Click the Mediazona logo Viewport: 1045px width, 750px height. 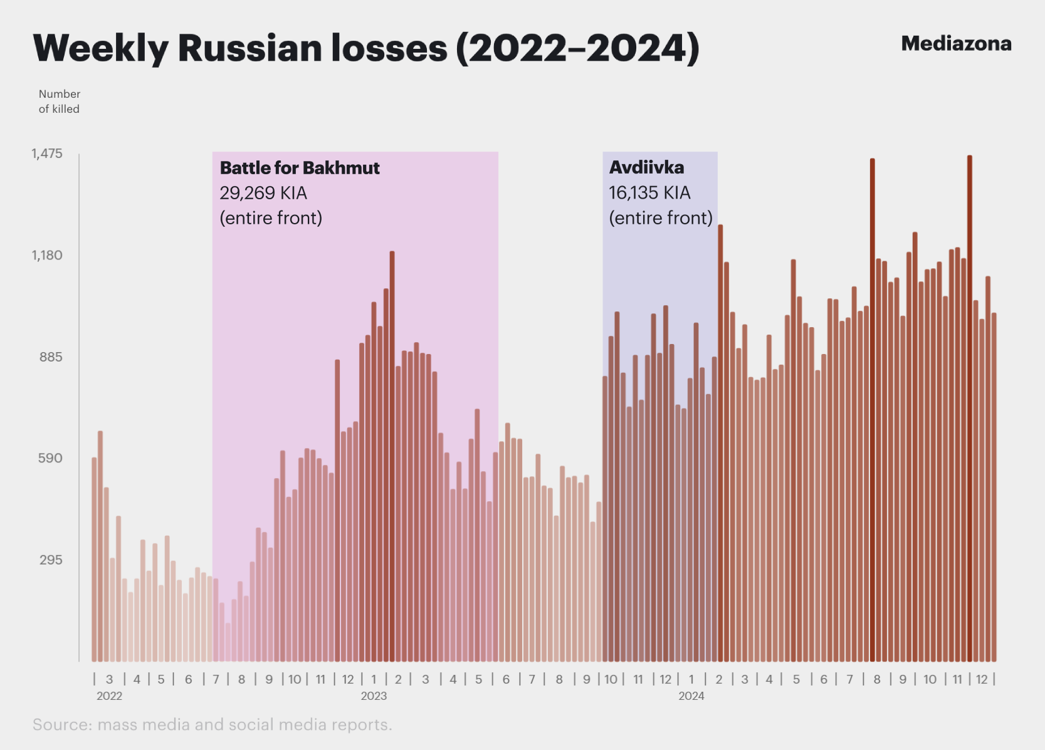(x=956, y=44)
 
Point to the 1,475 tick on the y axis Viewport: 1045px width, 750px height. (x=46, y=154)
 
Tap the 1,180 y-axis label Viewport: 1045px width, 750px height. (x=46, y=255)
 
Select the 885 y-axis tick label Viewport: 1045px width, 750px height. (x=50, y=357)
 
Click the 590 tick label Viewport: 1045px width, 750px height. (x=50, y=458)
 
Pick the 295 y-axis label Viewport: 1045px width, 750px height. (x=50, y=560)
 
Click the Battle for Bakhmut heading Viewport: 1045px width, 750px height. (x=300, y=168)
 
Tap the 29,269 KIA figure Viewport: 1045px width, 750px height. (x=263, y=193)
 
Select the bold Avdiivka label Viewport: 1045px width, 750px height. (x=646, y=167)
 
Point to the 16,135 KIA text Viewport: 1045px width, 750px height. (x=649, y=192)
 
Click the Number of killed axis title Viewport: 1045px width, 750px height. (x=60, y=102)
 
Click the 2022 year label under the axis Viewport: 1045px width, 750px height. (x=109, y=696)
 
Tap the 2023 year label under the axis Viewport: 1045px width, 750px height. (x=374, y=696)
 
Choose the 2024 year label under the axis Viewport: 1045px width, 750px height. (x=691, y=696)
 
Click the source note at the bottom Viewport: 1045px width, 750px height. (x=213, y=724)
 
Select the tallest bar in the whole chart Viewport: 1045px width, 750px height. (x=969, y=409)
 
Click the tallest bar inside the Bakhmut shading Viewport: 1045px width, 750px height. (x=392, y=457)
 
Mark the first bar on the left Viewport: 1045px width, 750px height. (x=94, y=560)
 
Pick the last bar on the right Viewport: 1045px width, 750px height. (x=994, y=487)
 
